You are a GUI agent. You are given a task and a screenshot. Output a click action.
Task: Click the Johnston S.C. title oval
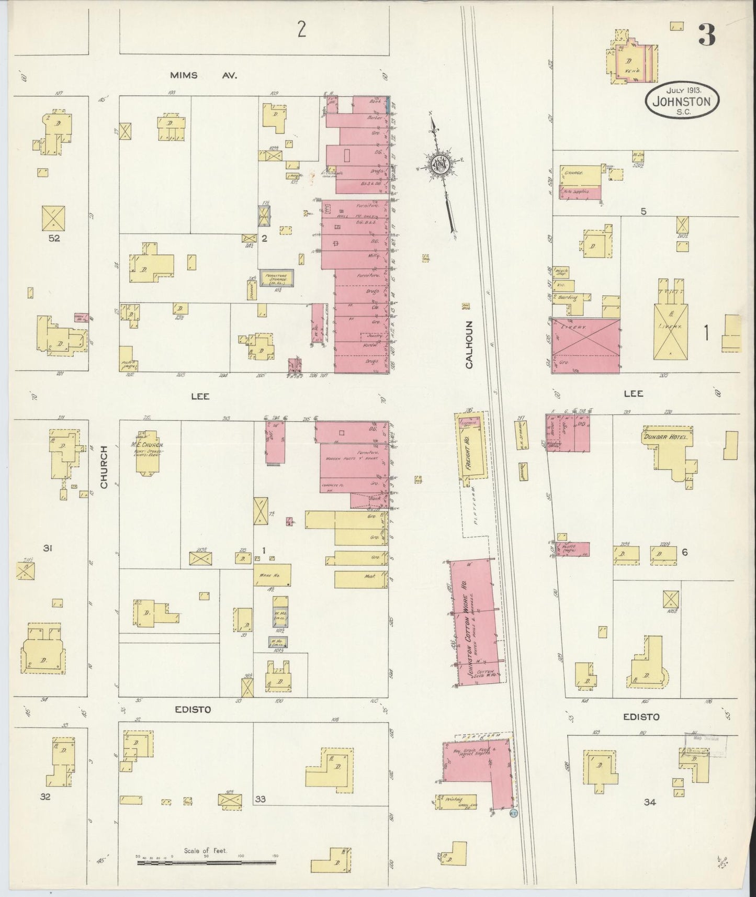[x=682, y=98]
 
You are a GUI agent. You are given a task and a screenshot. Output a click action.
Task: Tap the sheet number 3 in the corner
[x=706, y=35]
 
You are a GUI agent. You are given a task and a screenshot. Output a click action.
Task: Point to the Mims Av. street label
[x=204, y=75]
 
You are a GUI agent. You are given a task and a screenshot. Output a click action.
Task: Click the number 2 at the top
[x=301, y=30]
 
